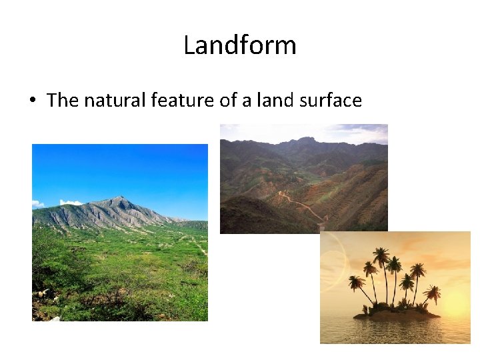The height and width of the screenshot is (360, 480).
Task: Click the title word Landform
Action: [240, 45]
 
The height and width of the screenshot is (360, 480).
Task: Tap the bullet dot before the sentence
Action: [32, 101]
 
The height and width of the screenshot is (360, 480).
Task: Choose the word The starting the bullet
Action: [63, 101]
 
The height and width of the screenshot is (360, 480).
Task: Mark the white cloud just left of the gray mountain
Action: [70, 202]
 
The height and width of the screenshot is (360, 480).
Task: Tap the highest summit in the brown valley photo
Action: [306, 140]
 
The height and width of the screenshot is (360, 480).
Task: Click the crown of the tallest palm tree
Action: [381, 255]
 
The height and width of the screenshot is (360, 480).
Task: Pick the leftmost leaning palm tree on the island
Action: [357, 283]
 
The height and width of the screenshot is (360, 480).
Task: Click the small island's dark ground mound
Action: [396, 313]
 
